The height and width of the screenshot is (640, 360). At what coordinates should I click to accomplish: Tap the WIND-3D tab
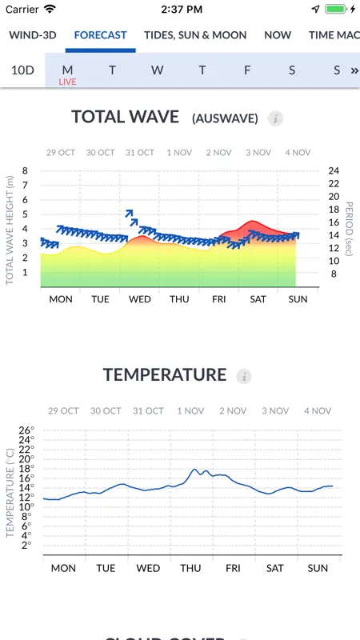pyautogui.click(x=33, y=35)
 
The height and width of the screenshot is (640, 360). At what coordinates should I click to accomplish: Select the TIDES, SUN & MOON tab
pyautogui.click(x=195, y=35)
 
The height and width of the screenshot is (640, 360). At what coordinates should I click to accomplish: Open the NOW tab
pyautogui.click(x=278, y=35)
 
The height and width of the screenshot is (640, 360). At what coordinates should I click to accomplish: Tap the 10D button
pyautogui.click(x=22, y=70)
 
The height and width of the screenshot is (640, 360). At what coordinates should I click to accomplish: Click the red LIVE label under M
pyautogui.click(x=67, y=82)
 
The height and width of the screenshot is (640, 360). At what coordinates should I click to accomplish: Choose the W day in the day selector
pyautogui.click(x=157, y=70)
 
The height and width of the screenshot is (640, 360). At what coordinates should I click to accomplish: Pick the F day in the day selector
pyautogui.click(x=247, y=70)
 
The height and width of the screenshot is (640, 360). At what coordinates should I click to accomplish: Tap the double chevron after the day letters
pyautogui.click(x=354, y=70)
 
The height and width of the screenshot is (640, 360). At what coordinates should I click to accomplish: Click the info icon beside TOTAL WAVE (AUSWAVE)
pyautogui.click(x=275, y=118)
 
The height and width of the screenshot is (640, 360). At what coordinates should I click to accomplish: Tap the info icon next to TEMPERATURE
pyautogui.click(x=244, y=376)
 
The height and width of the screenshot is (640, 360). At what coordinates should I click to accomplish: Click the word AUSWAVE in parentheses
pyautogui.click(x=226, y=118)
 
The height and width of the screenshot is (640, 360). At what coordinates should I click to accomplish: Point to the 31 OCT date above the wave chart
pyautogui.click(x=139, y=153)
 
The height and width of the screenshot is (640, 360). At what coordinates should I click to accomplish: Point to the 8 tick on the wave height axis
pyautogui.click(x=26, y=170)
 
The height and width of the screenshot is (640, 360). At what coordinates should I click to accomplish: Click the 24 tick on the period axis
pyautogui.click(x=334, y=170)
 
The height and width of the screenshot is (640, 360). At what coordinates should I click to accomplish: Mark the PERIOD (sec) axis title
pyautogui.click(x=349, y=229)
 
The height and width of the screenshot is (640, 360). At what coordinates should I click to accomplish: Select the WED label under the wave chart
pyautogui.click(x=139, y=299)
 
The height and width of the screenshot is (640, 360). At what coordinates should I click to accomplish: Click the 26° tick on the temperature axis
pyautogui.click(x=27, y=430)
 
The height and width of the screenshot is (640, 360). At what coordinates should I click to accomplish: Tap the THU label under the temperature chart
pyautogui.click(x=190, y=568)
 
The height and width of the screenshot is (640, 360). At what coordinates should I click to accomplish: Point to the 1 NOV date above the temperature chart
pyautogui.click(x=190, y=411)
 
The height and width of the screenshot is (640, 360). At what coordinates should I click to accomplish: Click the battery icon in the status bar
pyautogui.click(x=335, y=9)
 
